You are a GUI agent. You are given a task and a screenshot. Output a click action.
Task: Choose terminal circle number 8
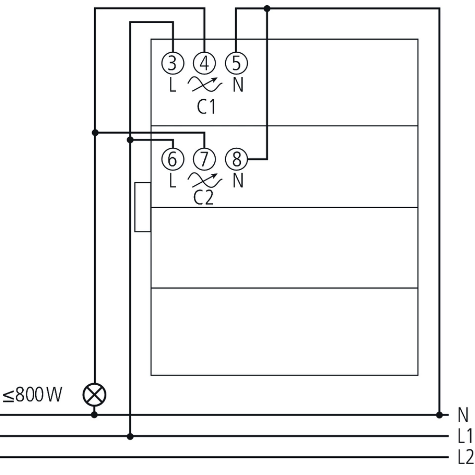(236, 159)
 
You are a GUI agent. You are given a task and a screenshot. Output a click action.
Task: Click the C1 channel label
(206, 107)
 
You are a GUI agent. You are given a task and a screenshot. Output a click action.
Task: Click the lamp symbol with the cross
(95, 394)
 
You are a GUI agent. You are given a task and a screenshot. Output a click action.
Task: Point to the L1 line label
(465, 436)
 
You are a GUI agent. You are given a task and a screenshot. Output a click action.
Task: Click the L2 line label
(465, 457)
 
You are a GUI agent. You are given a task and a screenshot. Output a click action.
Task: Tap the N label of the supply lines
(463, 415)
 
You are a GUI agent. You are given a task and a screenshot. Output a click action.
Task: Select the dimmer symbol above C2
(205, 180)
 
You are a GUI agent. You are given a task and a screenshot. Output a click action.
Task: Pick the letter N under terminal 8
(237, 181)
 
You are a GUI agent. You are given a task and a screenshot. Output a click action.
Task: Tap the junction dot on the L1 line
(130, 436)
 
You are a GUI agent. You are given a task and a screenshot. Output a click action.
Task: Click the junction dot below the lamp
(95, 415)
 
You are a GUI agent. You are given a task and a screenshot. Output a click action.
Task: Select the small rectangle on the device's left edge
(142, 207)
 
